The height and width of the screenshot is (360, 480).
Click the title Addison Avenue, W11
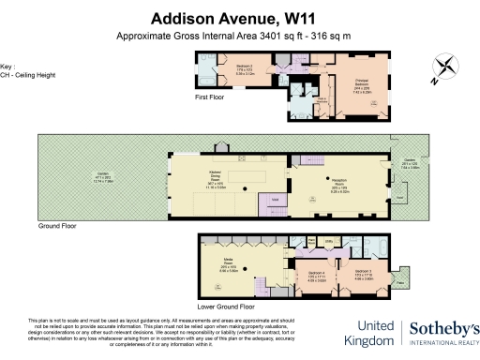pyautogui.click(x=239, y=19)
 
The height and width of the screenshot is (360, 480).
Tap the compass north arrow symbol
pyautogui.click(x=444, y=68)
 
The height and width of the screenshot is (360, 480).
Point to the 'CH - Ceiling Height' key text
pyautogui.click(x=22, y=73)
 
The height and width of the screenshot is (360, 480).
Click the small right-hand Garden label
pyautogui.click(x=409, y=168)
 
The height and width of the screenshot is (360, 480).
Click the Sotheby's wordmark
pyautogui.click(x=442, y=329)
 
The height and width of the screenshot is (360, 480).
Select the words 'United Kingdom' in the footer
pyautogui.click(x=368, y=334)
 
